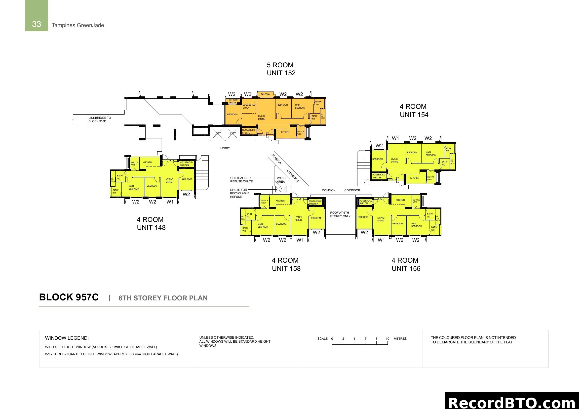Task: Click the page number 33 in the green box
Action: (x=37, y=24)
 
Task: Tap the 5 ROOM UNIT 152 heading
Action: (x=281, y=69)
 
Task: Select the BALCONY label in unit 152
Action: (x=266, y=94)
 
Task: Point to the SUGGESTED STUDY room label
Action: (x=249, y=106)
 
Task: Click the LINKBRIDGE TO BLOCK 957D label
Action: (x=99, y=120)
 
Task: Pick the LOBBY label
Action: (x=225, y=148)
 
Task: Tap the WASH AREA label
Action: (x=281, y=180)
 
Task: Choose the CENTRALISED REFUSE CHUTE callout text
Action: (x=241, y=180)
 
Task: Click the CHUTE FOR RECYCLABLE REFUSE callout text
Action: (x=239, y=193)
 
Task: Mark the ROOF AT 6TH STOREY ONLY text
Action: (x=340, y=214)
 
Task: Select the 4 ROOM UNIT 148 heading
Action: (x=151, y=223)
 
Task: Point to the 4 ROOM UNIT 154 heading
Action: (x=414, y=111)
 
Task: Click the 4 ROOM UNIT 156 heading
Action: (x=406, y=264)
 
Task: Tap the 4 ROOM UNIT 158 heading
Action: (x=286, y=264)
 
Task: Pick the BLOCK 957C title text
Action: (x=69, y=297)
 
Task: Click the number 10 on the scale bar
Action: (x=387, y=339)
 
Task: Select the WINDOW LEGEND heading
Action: (x=67, y=338)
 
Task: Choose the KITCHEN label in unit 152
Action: (x=285, y=132)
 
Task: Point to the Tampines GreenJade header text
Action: (x=78, y=25)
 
